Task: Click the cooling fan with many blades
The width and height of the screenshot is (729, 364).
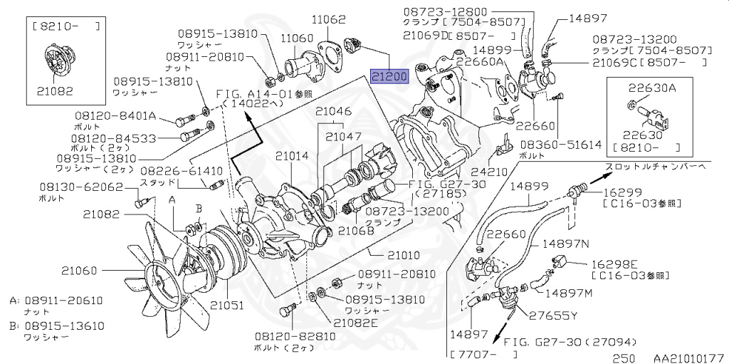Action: coord(172,269)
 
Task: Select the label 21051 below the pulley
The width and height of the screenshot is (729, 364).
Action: coord(228,305)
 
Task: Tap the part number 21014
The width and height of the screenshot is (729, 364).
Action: coord(293,155)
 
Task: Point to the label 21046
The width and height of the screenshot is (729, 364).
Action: coord(334,111)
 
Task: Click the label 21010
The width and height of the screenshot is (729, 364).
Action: coord(404,254)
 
